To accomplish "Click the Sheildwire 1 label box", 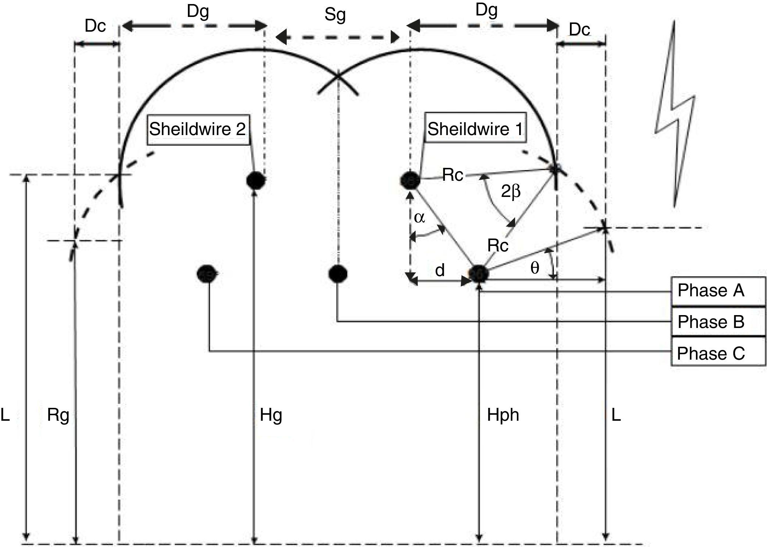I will point(475,129).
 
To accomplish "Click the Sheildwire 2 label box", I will point(198,129).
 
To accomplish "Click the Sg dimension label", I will point(335,15).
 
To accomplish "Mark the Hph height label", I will point(503,415).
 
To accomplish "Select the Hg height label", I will point(271,415).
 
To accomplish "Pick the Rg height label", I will point(58,415).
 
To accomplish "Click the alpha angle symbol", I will point(419,218).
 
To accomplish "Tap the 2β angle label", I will point(511,191).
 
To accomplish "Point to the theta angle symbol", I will point(535,268).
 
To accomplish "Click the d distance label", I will point(440,271).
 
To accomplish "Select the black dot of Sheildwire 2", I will point(256,180).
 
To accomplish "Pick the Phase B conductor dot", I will point(338,274).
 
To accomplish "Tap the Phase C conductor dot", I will point(207,274).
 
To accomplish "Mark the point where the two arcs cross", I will point(338,77).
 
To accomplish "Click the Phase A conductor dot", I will point(479,274).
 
